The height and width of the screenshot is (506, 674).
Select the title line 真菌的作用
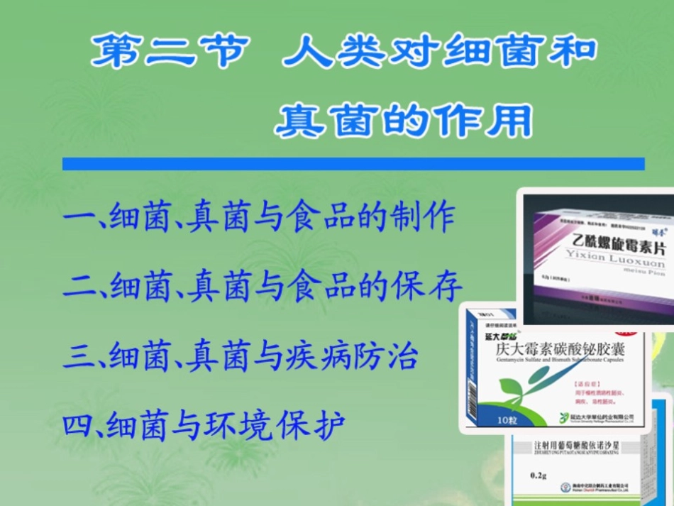click(x=403, y=121)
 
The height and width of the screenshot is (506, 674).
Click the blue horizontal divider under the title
click(x=353, y=164)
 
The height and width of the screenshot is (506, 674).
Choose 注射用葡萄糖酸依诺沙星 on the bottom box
click(x=583, y=446)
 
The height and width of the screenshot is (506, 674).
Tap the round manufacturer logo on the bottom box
click(x=565, y=488)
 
